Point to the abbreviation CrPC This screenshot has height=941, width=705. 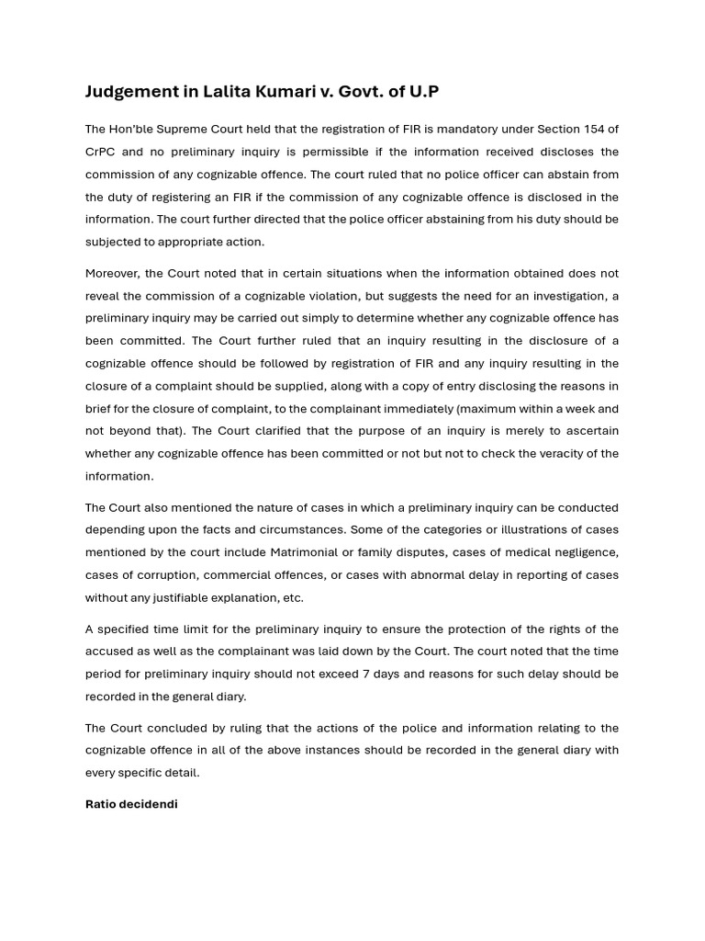(x=102, y=152)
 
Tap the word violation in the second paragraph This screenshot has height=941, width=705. (x=413, y=296)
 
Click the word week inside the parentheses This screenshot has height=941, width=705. (x=583, y=408)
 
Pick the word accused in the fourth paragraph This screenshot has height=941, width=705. (x=111, y=652)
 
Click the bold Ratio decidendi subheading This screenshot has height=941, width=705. (x=131, y=804)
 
